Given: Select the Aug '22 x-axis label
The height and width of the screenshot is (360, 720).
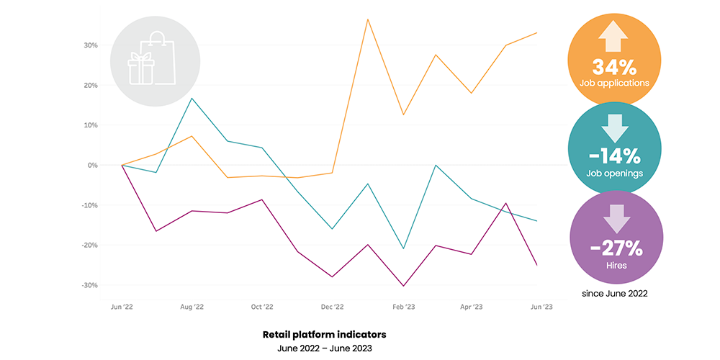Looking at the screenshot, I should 192,306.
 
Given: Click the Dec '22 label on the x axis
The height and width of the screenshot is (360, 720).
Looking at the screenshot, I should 333,306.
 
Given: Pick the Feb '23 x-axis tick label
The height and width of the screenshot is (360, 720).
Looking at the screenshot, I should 402,306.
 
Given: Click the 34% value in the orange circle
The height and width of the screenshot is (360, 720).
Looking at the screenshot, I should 614,68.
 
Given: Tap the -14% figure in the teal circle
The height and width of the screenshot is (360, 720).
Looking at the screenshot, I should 614,156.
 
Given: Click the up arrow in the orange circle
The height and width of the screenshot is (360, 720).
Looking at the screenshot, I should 614,36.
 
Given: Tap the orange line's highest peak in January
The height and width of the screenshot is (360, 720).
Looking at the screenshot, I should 368,19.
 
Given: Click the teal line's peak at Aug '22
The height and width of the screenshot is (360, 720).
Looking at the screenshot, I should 192,98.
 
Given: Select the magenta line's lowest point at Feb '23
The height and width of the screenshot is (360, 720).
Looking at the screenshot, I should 403,286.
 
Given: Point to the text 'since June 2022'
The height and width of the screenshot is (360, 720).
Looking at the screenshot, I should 614,294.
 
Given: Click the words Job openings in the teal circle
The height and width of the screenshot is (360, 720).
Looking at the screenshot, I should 614,173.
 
